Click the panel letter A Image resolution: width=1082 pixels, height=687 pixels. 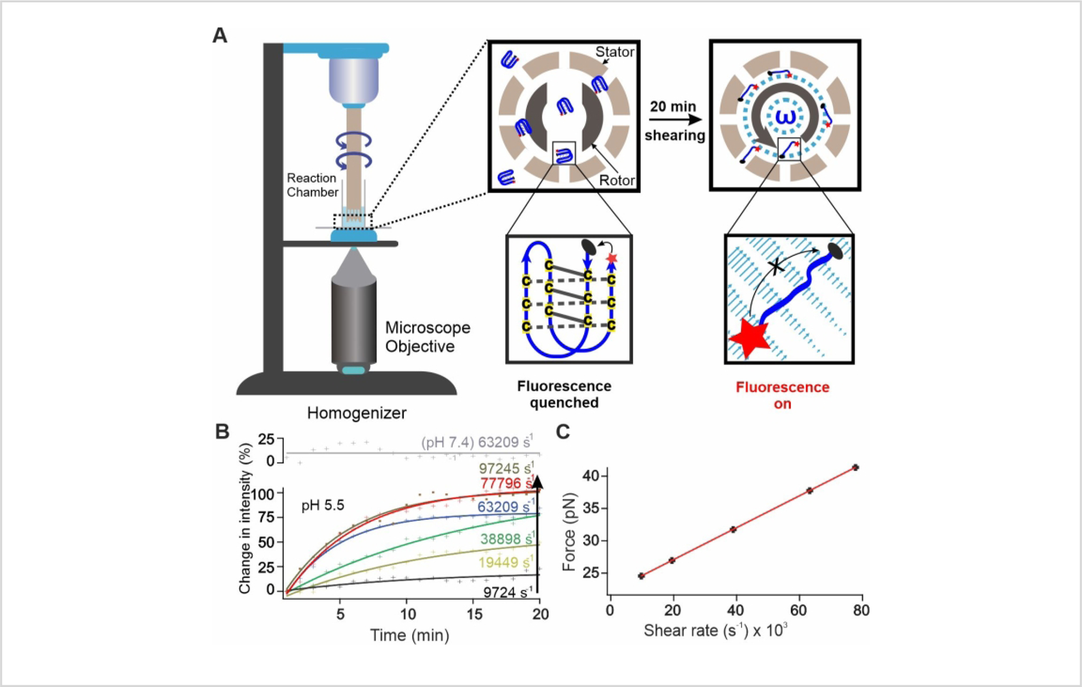pyautogui.click(x=220, y=35)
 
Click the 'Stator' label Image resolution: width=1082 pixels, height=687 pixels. pyautogui.click(x=614, y=52)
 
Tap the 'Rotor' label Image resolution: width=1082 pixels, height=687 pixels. pyautogui.click(x=617, y=180)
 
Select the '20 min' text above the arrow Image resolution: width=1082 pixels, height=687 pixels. pyautogui.click(x=673, y=106)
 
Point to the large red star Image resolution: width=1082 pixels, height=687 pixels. pyautogui.click(x=749, y=338)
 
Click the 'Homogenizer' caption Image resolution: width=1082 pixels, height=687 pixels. pyautogui.click(x=356, y=413)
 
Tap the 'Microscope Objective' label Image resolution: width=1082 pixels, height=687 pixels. pyautogui.click(x=427, y=337)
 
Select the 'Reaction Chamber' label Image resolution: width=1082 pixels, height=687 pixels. pyautogui.click(x=312, y=185)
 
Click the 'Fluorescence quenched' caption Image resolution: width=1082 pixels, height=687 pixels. pyautogui.click(x=564, y=394)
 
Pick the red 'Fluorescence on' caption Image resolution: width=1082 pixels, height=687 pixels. pyautogui.click(x=782, y=395)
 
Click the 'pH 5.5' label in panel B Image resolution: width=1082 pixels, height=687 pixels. pyautogui.click(x=323, y=505)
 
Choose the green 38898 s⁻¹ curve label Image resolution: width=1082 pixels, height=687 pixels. pyautogui.click(x=505, y=539)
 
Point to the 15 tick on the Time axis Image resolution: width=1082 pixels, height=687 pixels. pyautogui.click(x=474, y=614)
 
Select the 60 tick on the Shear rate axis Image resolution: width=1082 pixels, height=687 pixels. pyautogui.click(x=798, y=611)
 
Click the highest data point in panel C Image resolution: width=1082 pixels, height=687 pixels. pyautogui.click(x=855, y=467)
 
